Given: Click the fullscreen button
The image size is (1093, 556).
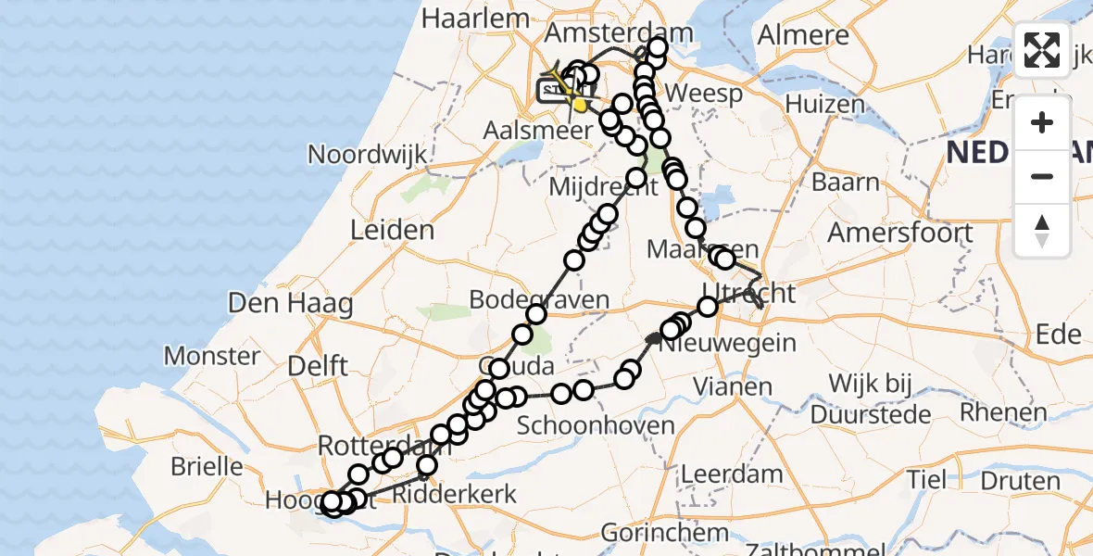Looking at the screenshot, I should click(1042, 50).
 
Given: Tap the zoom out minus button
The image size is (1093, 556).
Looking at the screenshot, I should click(1042, 176).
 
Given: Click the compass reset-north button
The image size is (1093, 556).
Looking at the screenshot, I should click(1042, 231).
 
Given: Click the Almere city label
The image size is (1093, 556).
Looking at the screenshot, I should click(803, 35).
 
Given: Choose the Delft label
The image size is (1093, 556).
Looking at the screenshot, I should click(318, 365).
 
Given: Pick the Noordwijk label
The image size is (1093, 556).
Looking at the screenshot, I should click(368, 154).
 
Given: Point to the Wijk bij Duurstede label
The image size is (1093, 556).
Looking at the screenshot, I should click(871, 397).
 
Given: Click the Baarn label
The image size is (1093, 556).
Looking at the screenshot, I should click(846, 182).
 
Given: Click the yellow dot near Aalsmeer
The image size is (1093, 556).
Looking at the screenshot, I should click(580, 107).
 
